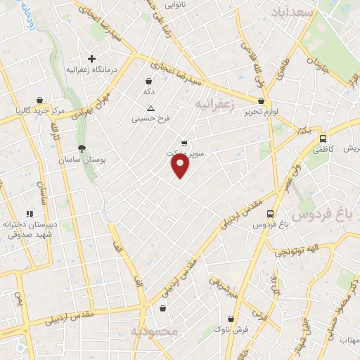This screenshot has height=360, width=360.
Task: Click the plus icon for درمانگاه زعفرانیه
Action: click(91, 58)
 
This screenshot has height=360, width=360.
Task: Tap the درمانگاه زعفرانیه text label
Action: click(91, 70)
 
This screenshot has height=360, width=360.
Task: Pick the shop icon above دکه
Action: click(148, 81)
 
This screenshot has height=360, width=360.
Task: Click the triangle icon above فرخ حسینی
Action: click(150, 108)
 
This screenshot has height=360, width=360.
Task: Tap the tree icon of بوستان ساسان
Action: click(82, 148)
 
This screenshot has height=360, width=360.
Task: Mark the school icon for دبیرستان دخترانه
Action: click(30, 214)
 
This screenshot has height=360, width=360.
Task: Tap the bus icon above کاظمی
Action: click(323, 138)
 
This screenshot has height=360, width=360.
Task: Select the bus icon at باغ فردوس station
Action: click(271, 213)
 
